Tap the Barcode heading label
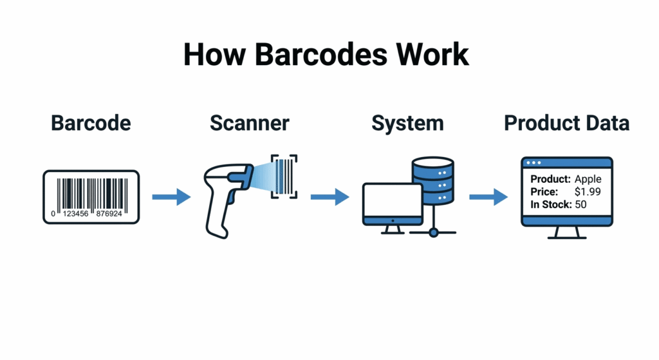point(91,123)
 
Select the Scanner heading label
point(250,123)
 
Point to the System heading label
point(407,123)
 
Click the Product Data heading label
point(566,123)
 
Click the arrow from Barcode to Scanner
point(171,197)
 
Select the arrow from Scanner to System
point(329,197)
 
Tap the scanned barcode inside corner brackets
point(284,175)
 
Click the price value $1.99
point(588,191)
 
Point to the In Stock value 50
point(582,204)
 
